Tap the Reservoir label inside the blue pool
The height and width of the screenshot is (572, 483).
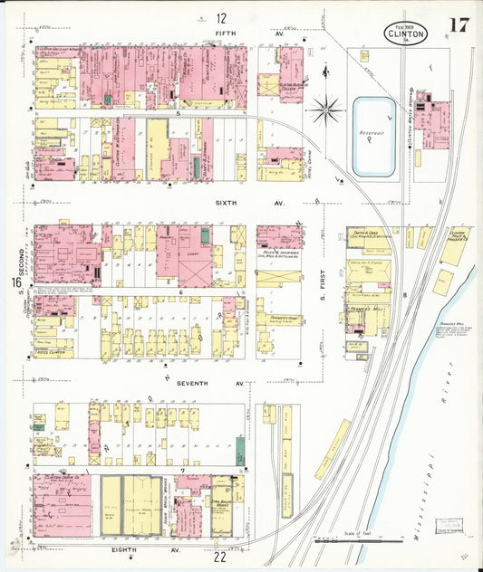(373, 138)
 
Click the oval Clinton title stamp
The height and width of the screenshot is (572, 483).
(403, 32)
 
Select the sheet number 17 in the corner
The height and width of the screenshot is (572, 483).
(457, 24)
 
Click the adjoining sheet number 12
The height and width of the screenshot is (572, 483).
(222, 18)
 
